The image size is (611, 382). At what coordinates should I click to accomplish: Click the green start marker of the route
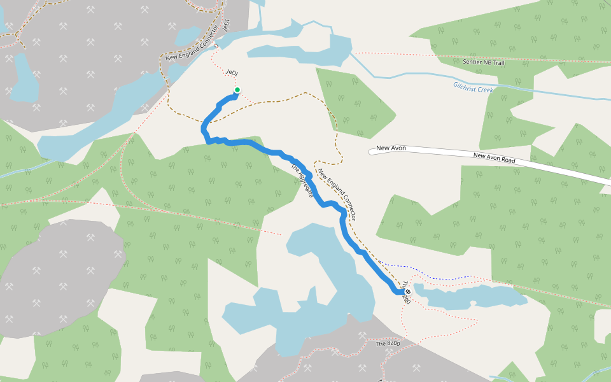pyautogui.click(x=237, y=90)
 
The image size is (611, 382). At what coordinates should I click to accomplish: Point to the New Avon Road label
pyautogui.click(x=494, y=158)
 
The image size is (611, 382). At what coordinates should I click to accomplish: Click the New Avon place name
pyautogui.click(x=391, y=148)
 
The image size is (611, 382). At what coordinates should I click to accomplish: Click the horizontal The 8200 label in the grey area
pyautogui.click(x=388, y=343)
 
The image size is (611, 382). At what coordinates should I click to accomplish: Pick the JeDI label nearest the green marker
pyautogui.click(x=232, y=73)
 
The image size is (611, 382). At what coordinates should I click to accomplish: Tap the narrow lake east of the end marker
pyautogui.click(x=471, y=297)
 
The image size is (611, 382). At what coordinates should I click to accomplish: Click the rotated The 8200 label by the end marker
pyautogui.click(x=407, y=294)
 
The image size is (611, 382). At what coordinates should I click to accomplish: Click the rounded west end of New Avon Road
pyautogui.click(x=372, y=152)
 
